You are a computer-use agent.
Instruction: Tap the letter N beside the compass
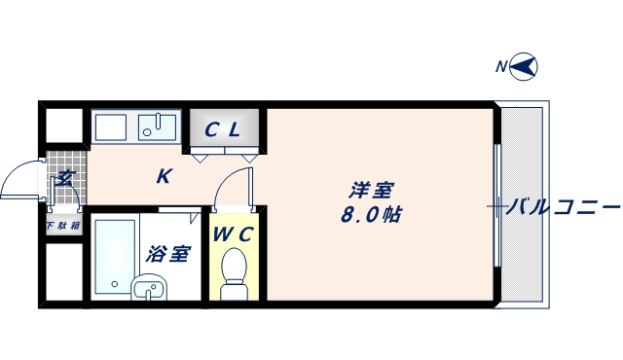pyautogui.click(x=501, y=67)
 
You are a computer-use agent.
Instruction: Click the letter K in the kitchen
pyautogui.click(x=165, y=176)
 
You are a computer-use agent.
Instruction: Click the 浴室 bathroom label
pyautogui.click(x=167, y=255)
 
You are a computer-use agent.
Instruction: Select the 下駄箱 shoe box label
pyautogui.click(x=63, y=226)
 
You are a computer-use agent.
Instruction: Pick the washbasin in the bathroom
pyautogui.click(x=148, y=288)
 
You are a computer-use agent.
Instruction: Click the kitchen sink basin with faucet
pyautogui.click(x=156, y=126)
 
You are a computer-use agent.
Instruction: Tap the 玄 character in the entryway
pyautogui.click(x=64, y=177)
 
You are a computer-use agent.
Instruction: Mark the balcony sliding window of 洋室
pyautogui.click(x=497, y=206)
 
